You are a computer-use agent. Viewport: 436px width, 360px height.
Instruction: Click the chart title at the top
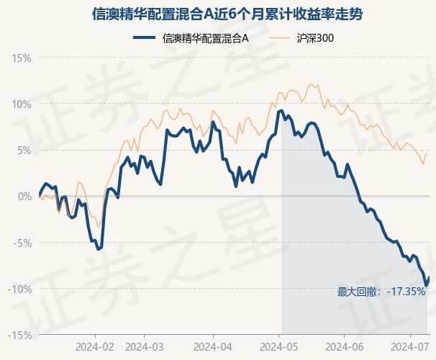227,14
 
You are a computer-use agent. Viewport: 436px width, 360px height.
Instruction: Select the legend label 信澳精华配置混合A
205,38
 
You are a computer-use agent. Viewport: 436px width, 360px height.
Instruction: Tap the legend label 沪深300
315,38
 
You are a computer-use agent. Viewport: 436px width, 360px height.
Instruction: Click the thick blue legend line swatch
145,38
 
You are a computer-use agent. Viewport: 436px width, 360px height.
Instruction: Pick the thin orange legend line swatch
279,38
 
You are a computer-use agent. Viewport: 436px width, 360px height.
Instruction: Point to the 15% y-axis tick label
22,58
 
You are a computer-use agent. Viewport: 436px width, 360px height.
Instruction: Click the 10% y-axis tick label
22,104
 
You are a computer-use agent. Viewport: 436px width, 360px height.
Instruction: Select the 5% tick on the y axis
24,150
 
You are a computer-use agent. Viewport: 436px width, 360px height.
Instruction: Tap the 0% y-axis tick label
24,197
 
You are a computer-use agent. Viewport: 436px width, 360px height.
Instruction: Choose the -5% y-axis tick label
22,243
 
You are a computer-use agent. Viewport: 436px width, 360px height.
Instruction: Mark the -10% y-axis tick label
19,289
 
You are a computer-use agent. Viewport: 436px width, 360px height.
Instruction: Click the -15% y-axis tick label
19,336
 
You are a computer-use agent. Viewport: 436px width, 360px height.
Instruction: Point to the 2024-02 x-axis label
95,347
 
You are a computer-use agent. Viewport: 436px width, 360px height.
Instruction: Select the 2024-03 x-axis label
145,347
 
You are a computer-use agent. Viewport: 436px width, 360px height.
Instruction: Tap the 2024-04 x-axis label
213,347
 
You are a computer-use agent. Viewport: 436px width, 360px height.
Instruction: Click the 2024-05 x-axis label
279,347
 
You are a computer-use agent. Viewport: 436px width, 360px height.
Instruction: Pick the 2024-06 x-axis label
345,347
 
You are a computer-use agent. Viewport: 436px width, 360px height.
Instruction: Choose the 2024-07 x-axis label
410,347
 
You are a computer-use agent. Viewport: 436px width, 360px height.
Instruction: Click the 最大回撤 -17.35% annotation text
381,292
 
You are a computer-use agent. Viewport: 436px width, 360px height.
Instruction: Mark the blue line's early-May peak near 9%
281,111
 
